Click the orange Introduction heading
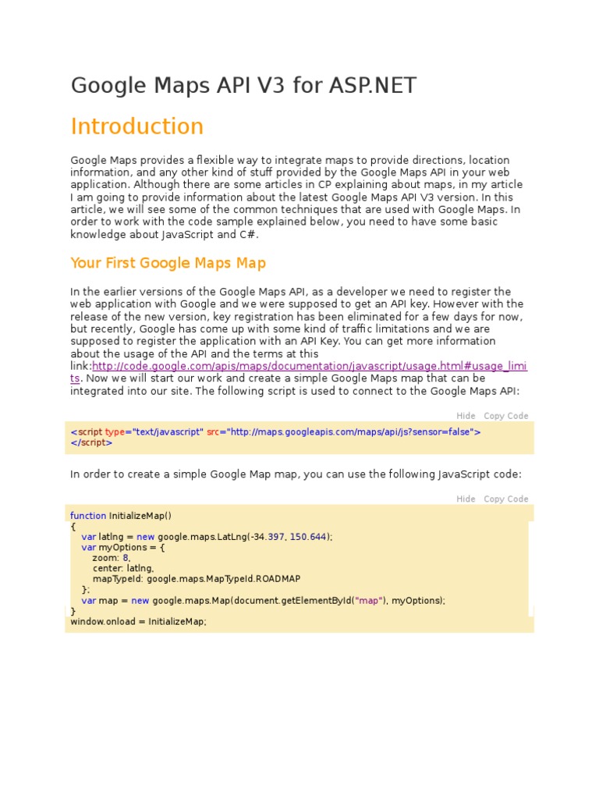(x=137, y=126)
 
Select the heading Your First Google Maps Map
(x=168, y=263)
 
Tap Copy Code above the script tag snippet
(x=505, y=416)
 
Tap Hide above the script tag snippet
(x=466, y=416)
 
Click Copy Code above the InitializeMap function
(x=505, y=499)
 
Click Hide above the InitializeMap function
(x=466, y=499)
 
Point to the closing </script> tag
(x=91, y=442)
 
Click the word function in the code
(x=88, y=516)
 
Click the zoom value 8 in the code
(x=126, y=558)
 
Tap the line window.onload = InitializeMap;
(x=138, y=622)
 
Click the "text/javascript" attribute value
(x=168, y=431)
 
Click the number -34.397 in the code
(x=268, y=537)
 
